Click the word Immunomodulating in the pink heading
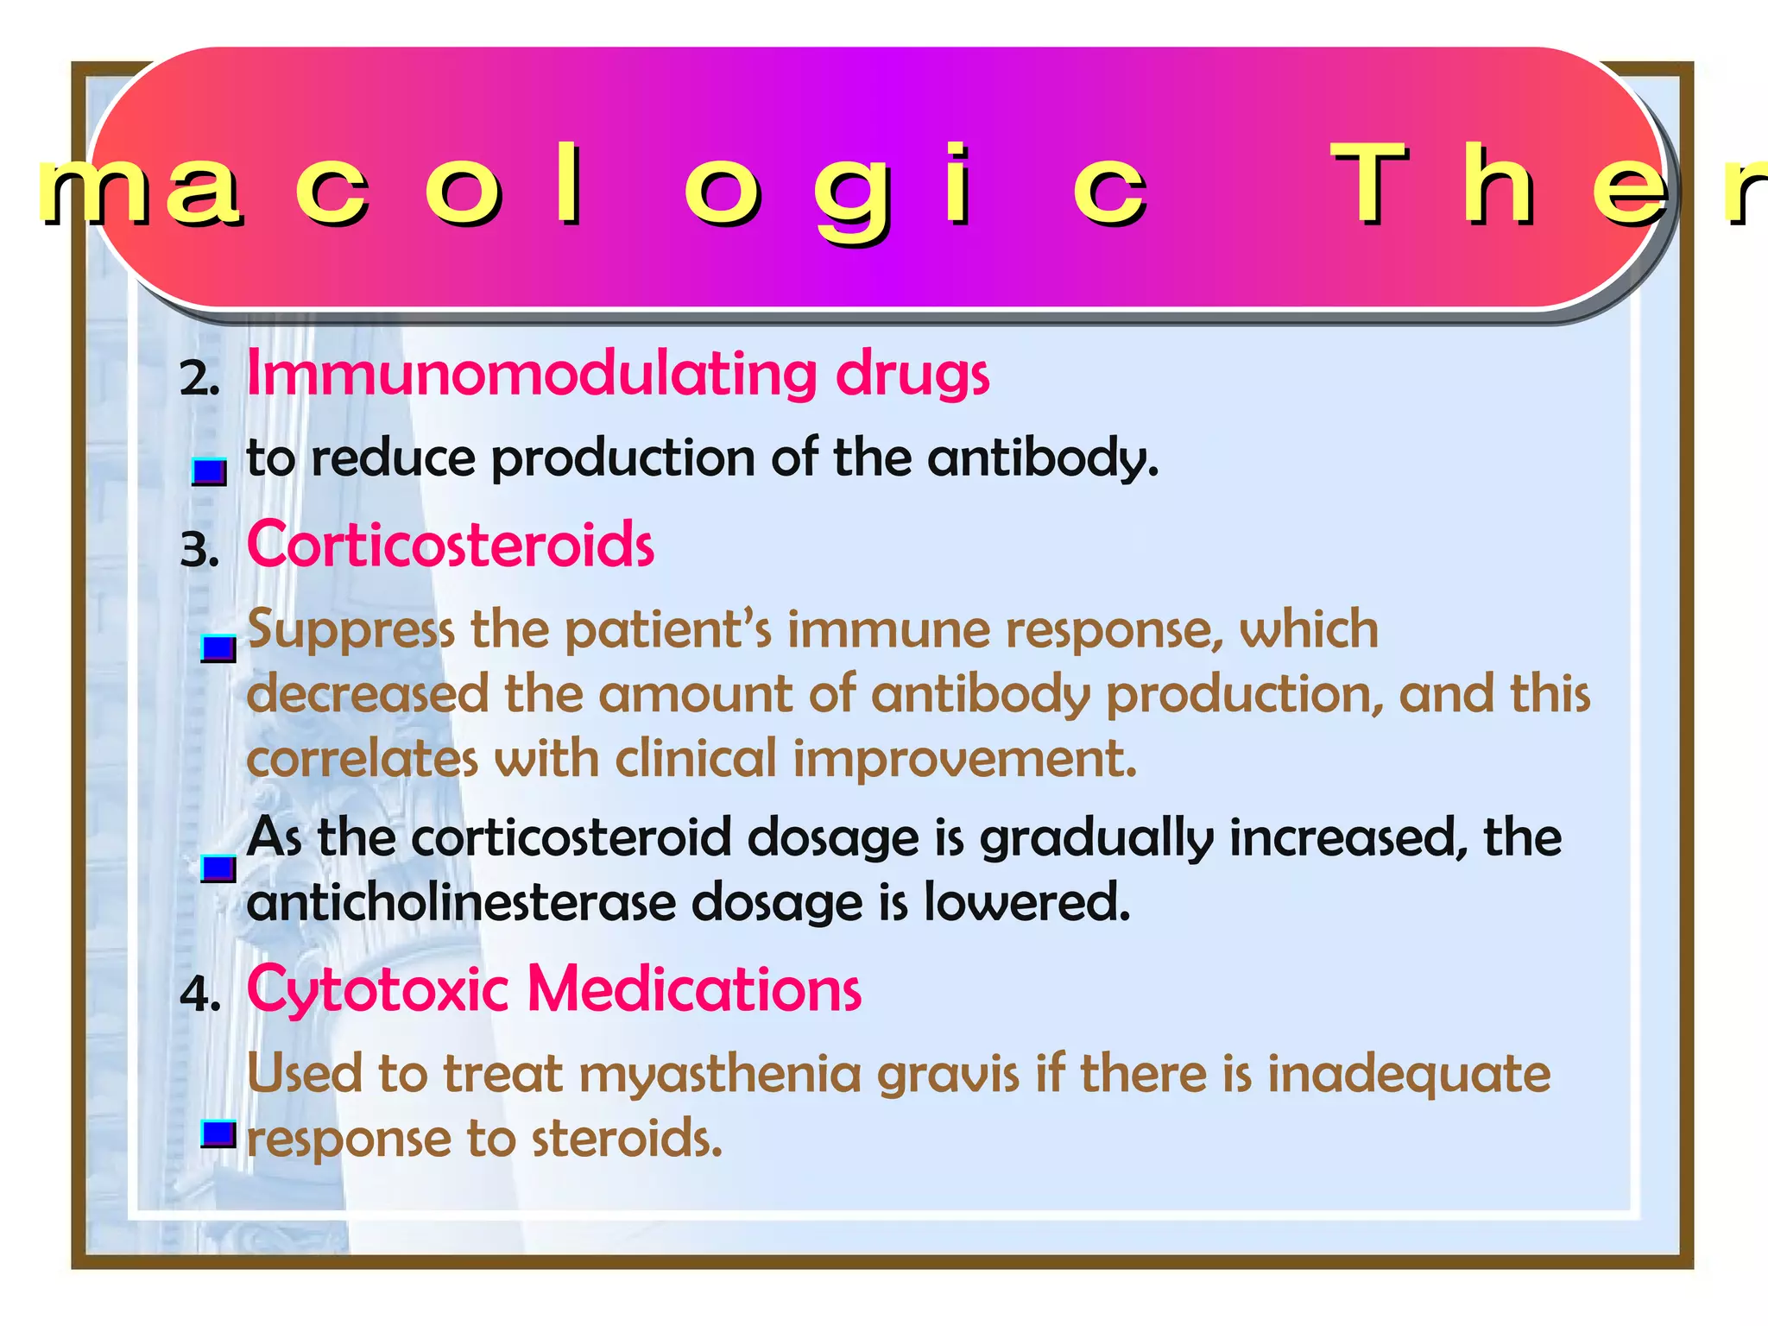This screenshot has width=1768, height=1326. (530, 375)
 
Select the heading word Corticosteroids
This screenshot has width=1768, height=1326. (451, 546)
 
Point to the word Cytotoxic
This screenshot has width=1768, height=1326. (377, 989)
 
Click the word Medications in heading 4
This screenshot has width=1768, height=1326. (694, 989)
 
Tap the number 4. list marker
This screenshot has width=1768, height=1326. (200, 994)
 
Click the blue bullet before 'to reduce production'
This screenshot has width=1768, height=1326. (209, 471)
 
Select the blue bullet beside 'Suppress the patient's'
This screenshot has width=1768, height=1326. (218, 647)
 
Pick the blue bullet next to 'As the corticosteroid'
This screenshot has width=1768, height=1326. (218, 868)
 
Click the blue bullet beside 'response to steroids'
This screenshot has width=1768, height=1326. (218, 1133)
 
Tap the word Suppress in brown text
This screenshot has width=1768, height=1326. (350, 630)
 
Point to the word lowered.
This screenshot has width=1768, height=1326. (1027, 903)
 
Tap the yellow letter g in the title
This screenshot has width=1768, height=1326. (849, 194)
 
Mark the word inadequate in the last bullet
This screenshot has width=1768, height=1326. (1409, 1076)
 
